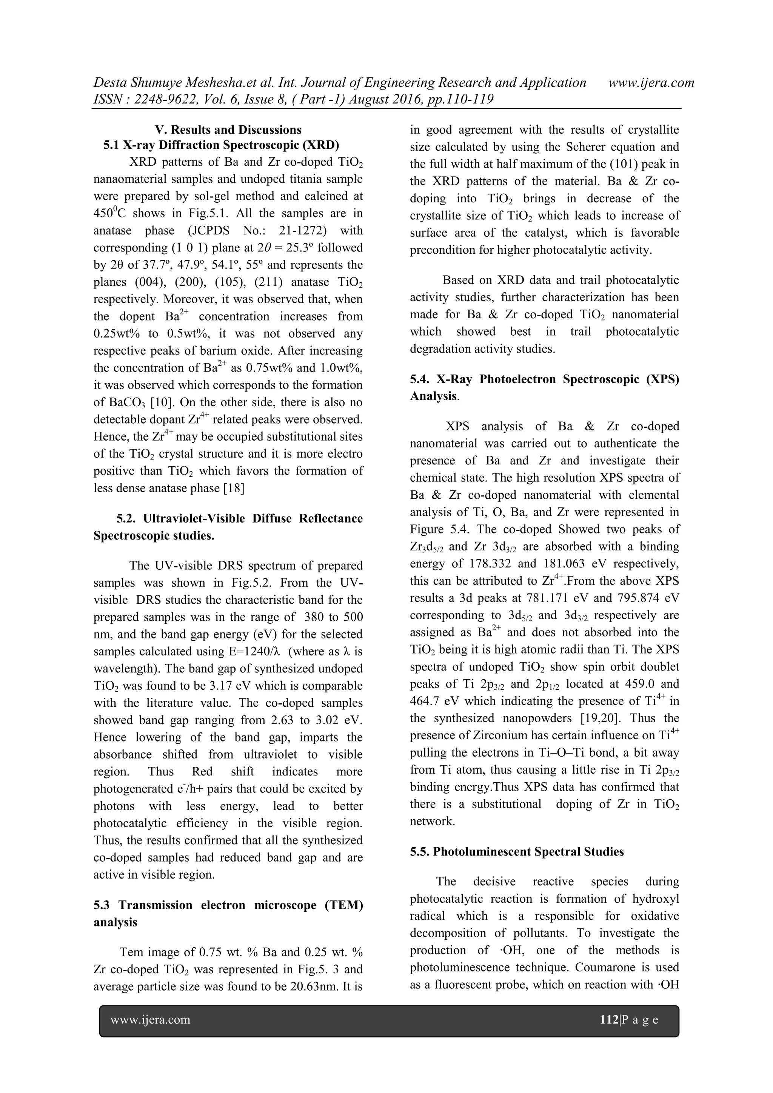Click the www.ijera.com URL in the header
click(651, 83)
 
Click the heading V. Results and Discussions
click(228, 129)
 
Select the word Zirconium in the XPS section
click(500, 735)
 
